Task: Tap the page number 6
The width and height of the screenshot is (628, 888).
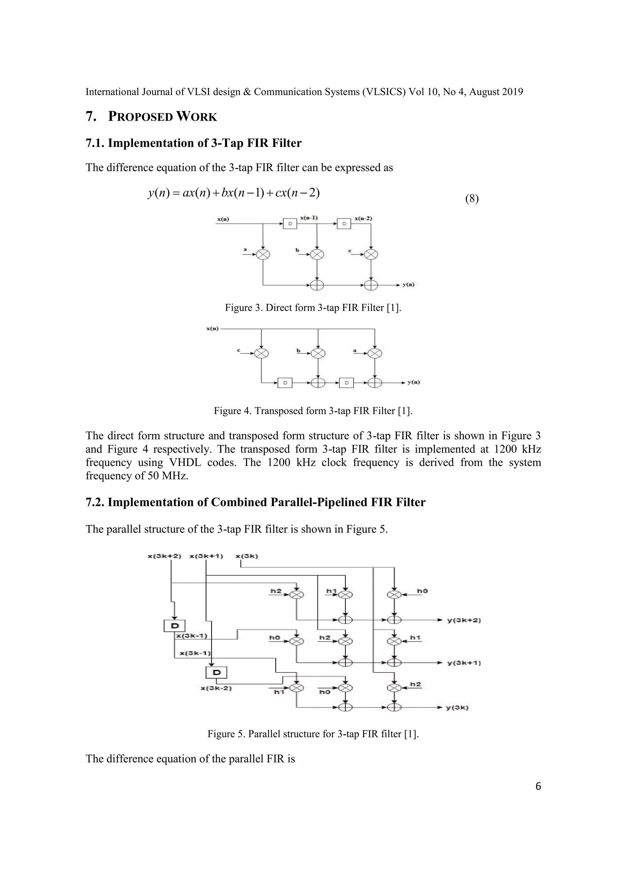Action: click(538, 786)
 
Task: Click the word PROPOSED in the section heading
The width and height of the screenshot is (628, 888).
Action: click(140, 117)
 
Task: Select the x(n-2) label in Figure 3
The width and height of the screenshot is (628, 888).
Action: click(363, 219)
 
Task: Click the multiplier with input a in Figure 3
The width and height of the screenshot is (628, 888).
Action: click(263, 254)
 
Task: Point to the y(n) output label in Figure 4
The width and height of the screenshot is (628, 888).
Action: click(413, 382)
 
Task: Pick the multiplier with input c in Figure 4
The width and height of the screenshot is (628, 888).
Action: click(262, 353)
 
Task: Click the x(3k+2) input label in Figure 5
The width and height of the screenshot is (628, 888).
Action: click(164, 556)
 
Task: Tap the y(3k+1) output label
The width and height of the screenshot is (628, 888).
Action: click(464, 663)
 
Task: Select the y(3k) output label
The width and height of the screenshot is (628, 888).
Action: click(457, 708)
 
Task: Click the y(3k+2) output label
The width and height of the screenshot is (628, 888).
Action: click(464, 620)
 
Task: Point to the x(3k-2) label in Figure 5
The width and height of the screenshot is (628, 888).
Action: click(216, 688)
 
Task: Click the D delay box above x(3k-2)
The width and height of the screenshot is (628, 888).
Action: click(216, 672)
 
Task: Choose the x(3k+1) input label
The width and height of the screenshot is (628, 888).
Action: click(206, 556)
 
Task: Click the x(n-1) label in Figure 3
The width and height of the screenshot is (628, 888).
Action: click(309, 218)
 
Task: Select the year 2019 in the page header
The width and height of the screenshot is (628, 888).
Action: click(512, 92)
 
